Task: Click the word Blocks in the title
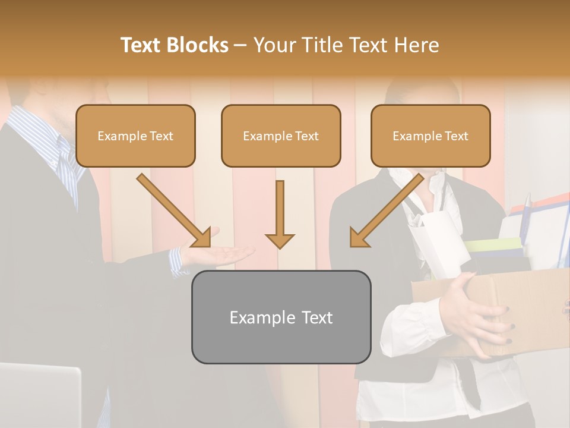198,45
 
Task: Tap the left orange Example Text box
135,136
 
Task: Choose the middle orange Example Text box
281,136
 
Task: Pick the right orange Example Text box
430,136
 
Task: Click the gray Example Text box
281,317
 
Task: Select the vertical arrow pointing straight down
280,214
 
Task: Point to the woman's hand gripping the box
475,315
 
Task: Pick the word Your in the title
275,45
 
